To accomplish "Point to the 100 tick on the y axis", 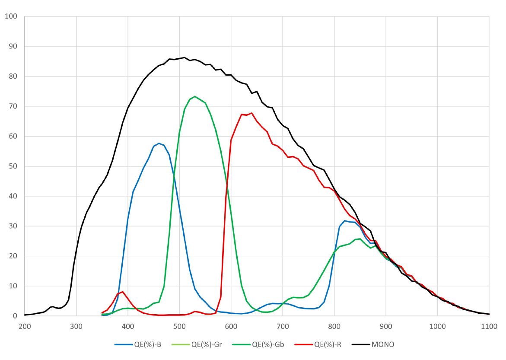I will [11, 16].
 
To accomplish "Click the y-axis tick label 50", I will [13, 166].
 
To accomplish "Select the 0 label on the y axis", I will [15, 316].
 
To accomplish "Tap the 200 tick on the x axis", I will [25, 326].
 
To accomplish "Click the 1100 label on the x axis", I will [489, 326].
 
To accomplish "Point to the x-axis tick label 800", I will [334, 326].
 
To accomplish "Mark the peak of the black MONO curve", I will [185, 57].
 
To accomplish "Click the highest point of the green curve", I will [195, 96].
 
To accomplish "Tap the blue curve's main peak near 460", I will [159, 143].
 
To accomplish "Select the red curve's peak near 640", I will [251, 113].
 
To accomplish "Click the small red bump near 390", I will [123, 292].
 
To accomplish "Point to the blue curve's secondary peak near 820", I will [345, 221].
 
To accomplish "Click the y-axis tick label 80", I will [13, 76].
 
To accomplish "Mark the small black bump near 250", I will [52, 306].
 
